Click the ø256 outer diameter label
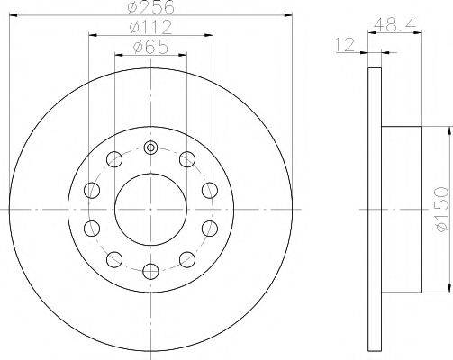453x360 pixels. [x=149, y=6]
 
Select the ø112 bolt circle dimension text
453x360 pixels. [x=149, y=27]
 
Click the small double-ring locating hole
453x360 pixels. [x=150, y=148]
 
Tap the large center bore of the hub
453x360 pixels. [x=150, y=208]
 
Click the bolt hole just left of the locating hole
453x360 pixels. [x=114, y=160]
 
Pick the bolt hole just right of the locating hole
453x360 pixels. [x=186, y=160]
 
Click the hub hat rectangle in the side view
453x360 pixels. [x=402, y=209]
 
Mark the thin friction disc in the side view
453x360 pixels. [x=376, y=209]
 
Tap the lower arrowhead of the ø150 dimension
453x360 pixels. [x=448, y=288]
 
